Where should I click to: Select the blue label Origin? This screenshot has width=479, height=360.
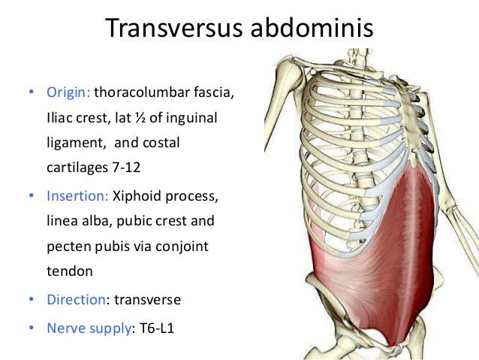pyautogui.click(x=68, y=93)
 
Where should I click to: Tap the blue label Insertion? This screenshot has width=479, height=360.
pyautogui.click(x=77, y=196)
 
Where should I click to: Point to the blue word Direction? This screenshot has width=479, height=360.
pyautogui.click(x=75, y=299)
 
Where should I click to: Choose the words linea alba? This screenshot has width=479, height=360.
pyautogui.click(x=74, y=222)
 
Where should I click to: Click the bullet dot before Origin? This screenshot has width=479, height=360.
pyautogui.click(x=30, y=94)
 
